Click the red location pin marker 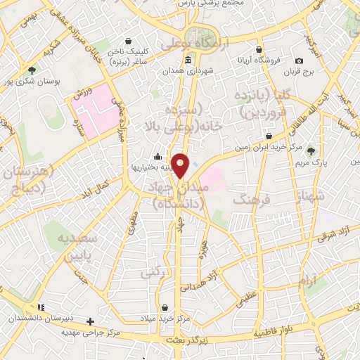[181, 165]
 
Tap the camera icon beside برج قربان [299, 61]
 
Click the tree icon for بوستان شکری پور [32, 70]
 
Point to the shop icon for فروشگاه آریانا [259, 49]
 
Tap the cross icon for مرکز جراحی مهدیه [90, 321]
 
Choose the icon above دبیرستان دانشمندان [41, 307]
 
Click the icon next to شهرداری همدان [188, 59]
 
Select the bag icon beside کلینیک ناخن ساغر [127, 42]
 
